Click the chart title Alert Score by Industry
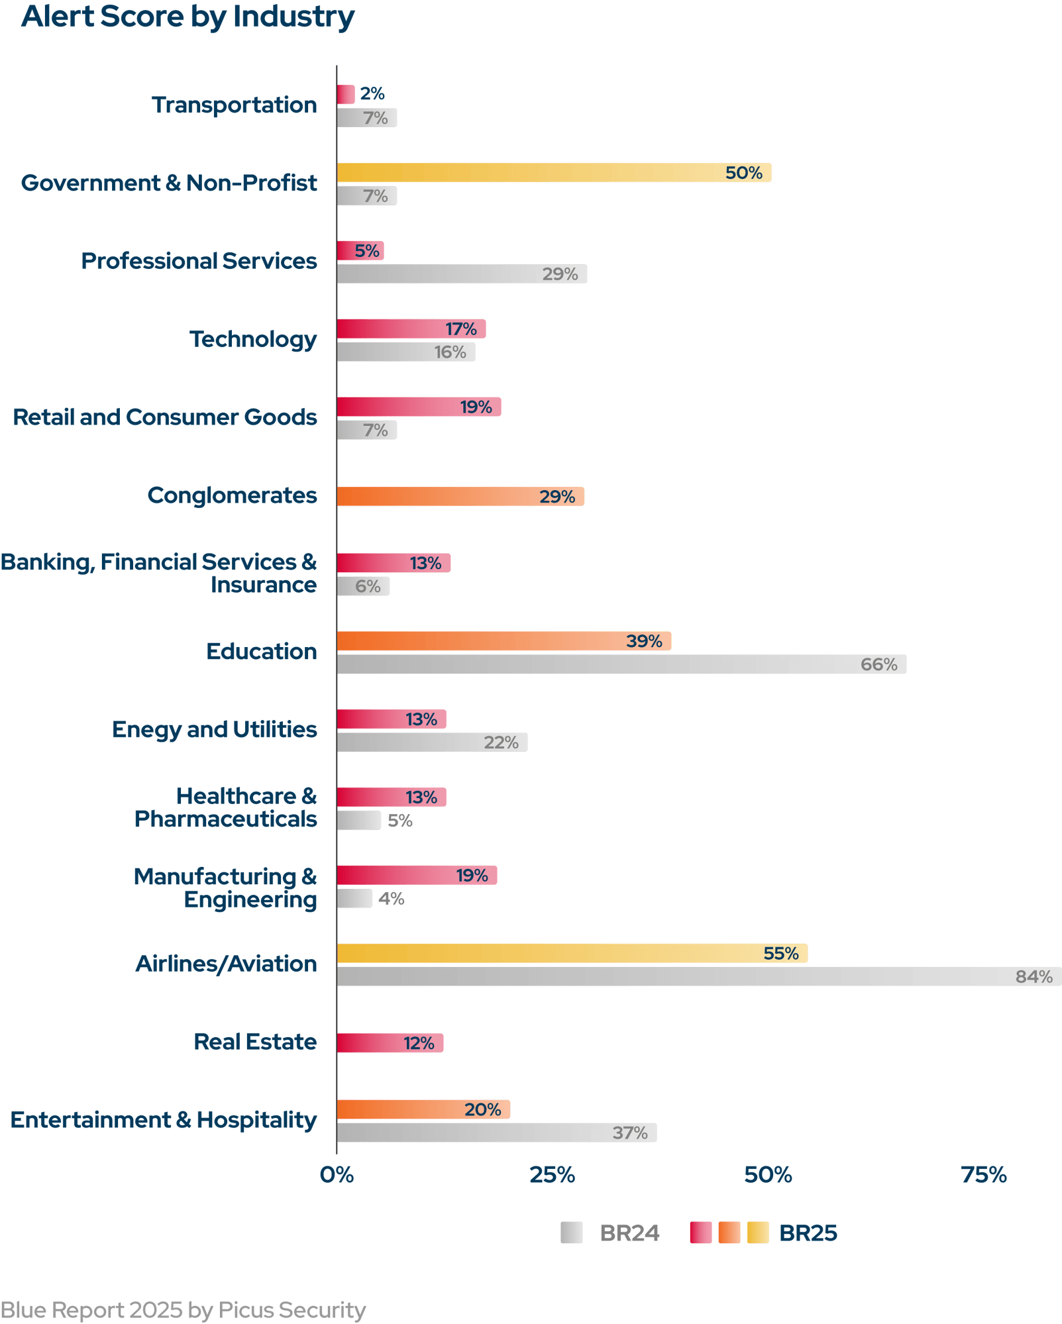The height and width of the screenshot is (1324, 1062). tap(187, 17)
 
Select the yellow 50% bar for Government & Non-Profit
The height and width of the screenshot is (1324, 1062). tap(553, 173)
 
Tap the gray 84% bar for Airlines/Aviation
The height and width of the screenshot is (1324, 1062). tap(698, 976)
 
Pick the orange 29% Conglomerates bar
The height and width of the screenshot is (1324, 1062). tap(460, 497)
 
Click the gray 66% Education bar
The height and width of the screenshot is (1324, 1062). tap(621, 664)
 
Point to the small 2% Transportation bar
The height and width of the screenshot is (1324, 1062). tap(346, 95)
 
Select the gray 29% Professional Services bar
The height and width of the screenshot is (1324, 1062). tap(462, 274)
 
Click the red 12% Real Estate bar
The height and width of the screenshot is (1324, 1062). tap(390, 1043)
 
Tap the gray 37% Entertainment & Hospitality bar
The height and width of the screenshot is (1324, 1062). tap(497, 1133)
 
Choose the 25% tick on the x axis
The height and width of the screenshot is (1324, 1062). tap(552, 1175)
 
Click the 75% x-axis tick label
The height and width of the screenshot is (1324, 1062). tap(984, 1175)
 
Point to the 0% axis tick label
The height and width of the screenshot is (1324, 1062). tap(337, 1175)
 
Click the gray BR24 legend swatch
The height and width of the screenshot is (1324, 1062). tap(571, 1233)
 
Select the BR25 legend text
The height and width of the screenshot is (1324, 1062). tap(808, 1233)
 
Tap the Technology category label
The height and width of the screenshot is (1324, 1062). tap(253, 339)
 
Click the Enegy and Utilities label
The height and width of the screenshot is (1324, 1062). tap(214, 729)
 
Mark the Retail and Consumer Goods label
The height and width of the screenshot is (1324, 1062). tap(165, 417)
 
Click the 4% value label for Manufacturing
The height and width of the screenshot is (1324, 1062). tap(391, 899)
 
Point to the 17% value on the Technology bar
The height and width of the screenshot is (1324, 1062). tap(461, 329)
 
